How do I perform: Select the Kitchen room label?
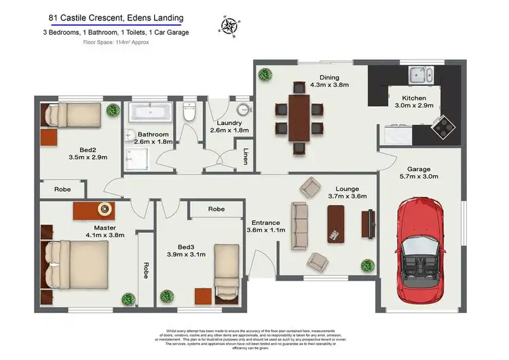click(x=410, y=98)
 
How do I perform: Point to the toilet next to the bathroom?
click(x=189, y=112)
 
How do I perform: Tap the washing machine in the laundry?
click(x=242, y=111)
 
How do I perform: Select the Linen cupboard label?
click(x=243, y=156)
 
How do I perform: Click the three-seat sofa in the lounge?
click(x=299, y=223)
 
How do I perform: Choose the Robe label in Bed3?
click(x=216, y=209)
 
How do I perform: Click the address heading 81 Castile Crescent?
click(x=117, y=18)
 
